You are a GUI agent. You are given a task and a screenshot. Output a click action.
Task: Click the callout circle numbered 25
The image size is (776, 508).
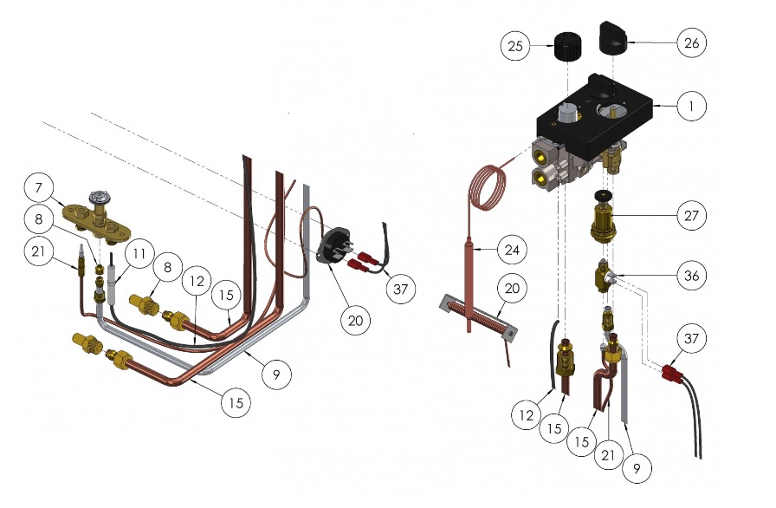click(x=514, y=46)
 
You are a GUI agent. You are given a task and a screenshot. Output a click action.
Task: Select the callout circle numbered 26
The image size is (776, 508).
click(x=691, y=43)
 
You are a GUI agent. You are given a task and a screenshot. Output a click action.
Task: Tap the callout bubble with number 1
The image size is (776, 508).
click(x=691, y=106)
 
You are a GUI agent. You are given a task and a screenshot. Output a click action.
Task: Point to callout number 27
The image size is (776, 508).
click(x=691, y=215)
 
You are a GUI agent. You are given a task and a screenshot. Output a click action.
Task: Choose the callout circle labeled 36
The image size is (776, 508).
click(x=691, y=276)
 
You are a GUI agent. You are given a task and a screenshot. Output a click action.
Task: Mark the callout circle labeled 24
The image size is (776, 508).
click(x=512, y=250)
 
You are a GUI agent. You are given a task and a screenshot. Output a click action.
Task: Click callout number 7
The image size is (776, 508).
click(x=39, y=188)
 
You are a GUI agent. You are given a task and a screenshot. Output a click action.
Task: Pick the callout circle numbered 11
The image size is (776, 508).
click(x=139, y=254)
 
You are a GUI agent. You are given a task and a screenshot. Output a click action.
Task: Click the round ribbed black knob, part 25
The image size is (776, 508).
click(x=566, y=47)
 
